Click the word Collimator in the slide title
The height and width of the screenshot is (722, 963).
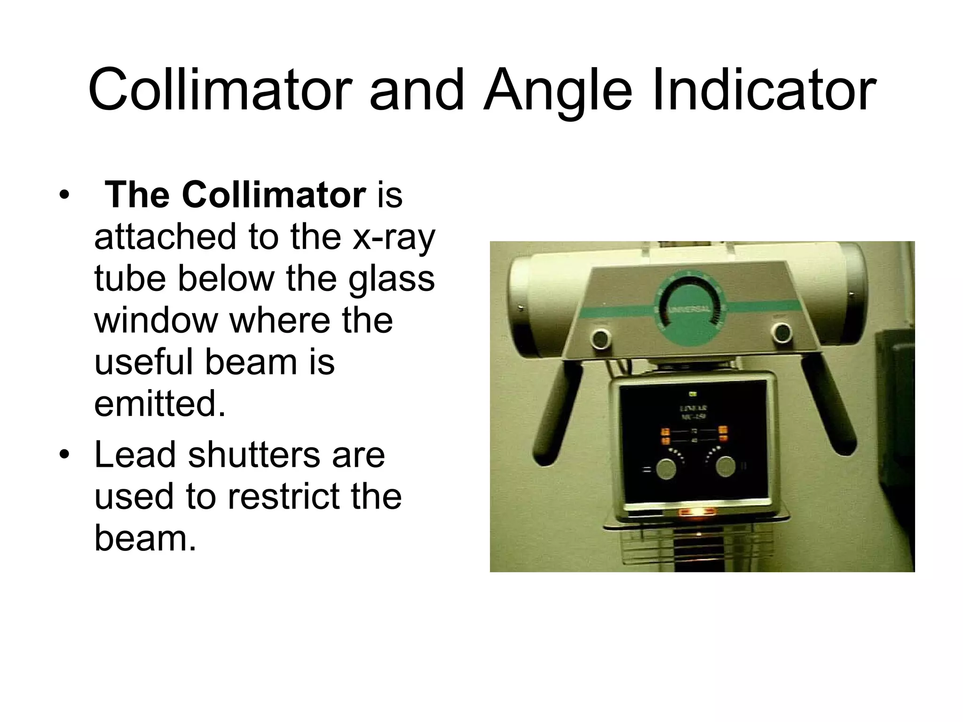click(220, 90)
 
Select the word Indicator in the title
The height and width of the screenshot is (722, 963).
click(764, 90)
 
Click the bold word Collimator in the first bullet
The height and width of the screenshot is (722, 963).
click(274, 195)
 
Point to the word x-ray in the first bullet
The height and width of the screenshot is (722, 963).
click(394, 237)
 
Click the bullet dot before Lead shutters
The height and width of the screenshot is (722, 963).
click(64, 455)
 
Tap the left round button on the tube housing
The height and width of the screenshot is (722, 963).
click(600, 337)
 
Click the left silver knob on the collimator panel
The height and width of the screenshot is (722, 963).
click(666, 469)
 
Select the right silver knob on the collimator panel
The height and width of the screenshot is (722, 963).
click(725, 466)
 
